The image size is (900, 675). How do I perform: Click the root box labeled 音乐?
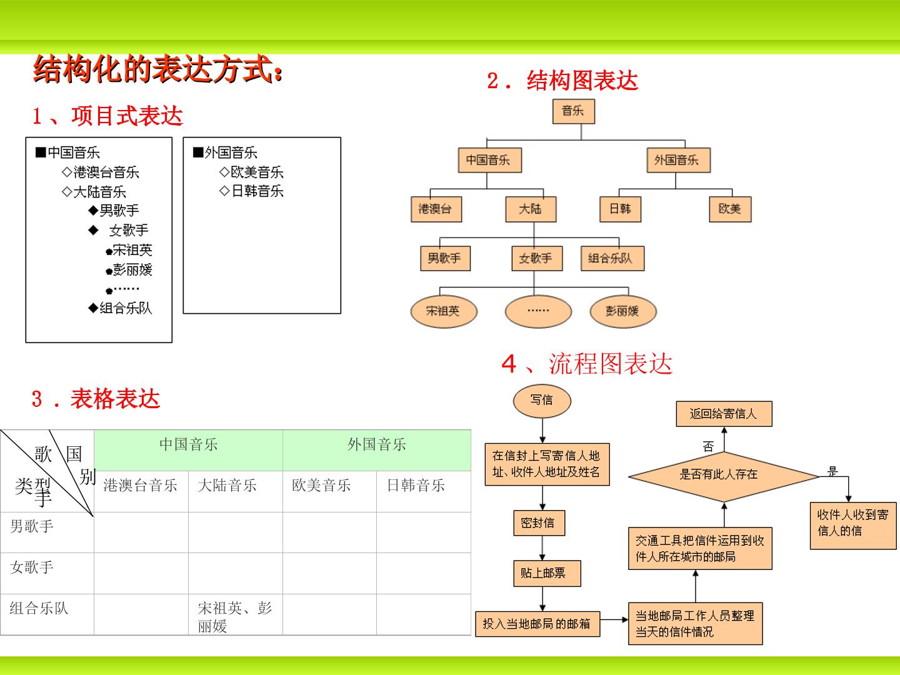(573, 111)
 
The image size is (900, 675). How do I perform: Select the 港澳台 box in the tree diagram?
(436, 209)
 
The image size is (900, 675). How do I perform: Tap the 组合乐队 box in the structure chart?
(612, 258)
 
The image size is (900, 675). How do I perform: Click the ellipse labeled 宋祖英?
(444, 311)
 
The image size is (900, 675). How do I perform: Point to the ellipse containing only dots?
(538, 311)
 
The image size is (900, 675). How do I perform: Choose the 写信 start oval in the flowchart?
(542, 401)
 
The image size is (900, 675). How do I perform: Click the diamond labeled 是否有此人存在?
(724, 476)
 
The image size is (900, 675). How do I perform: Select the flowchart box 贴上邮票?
(547, 573)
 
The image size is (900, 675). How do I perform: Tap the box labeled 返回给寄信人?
(724, 414)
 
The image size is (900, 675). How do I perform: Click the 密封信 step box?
(539, 522)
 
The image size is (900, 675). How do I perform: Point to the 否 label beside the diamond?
(708, 446)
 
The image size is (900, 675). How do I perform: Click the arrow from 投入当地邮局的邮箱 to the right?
(614, 620)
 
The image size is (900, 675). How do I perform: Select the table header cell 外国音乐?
(376, 449)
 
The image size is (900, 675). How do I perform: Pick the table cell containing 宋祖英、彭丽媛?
(236, 614)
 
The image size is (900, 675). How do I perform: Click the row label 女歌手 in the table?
(32, 567)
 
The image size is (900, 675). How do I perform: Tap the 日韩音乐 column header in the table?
(416, 485)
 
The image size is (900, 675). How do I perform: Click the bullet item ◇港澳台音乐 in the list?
(101, 172)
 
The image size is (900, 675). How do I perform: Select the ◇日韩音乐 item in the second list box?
(251, 191)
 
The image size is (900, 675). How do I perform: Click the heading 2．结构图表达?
(562, 81)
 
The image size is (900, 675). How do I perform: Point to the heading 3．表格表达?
(96, 399)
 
